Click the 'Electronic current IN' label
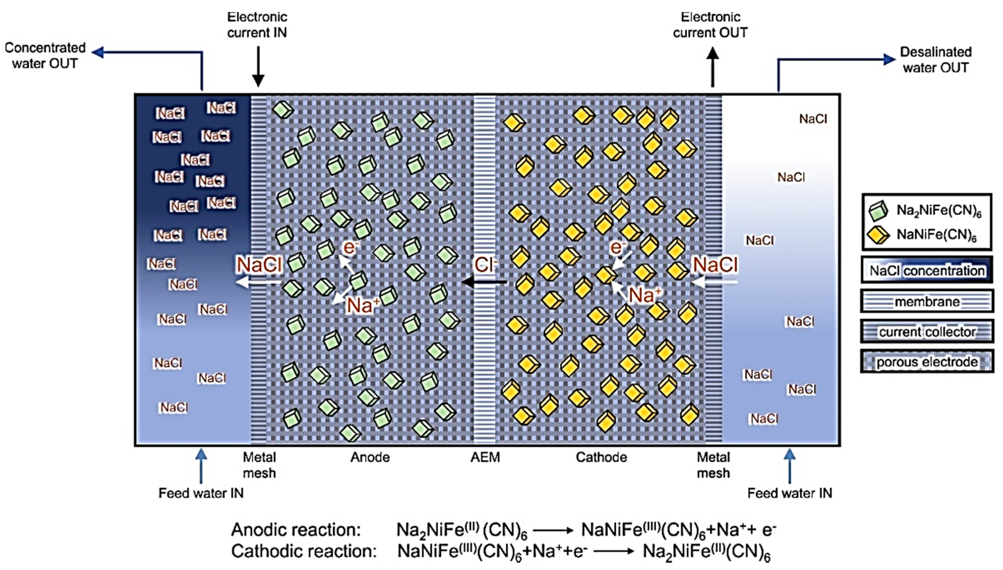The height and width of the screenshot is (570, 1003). pyautogui.click(x=257, y=25)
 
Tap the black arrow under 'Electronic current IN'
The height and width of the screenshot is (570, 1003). pyautogui.click(x=258, y=67)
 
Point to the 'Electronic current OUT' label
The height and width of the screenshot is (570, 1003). pyautogui.click(x=710, y=25)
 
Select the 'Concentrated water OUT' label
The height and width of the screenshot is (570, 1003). pyautogui.click(x=45, y=56)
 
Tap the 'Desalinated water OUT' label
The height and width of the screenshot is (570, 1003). pyautogui.click(x=936, y=60)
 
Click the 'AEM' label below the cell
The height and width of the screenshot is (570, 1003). pyautogui.click(x=485, y=457)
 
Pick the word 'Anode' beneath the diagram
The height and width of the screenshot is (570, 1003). pyautogui.click(x=370, y=457)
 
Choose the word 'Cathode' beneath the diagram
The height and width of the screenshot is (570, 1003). pyautogui.click(x=601, y=457)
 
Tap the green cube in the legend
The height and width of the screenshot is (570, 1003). pyautogui.click(x=878, y=211)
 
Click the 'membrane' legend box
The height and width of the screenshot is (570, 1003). pyautogui.click(x=927, y=302)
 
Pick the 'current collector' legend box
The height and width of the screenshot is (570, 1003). pyautogui.click(x=927, y=331)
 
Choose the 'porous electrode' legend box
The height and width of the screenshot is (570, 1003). pyautogui.click(x=927, y=362)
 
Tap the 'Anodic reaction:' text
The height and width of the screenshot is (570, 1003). pyautogui.click(x=296, y=530)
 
